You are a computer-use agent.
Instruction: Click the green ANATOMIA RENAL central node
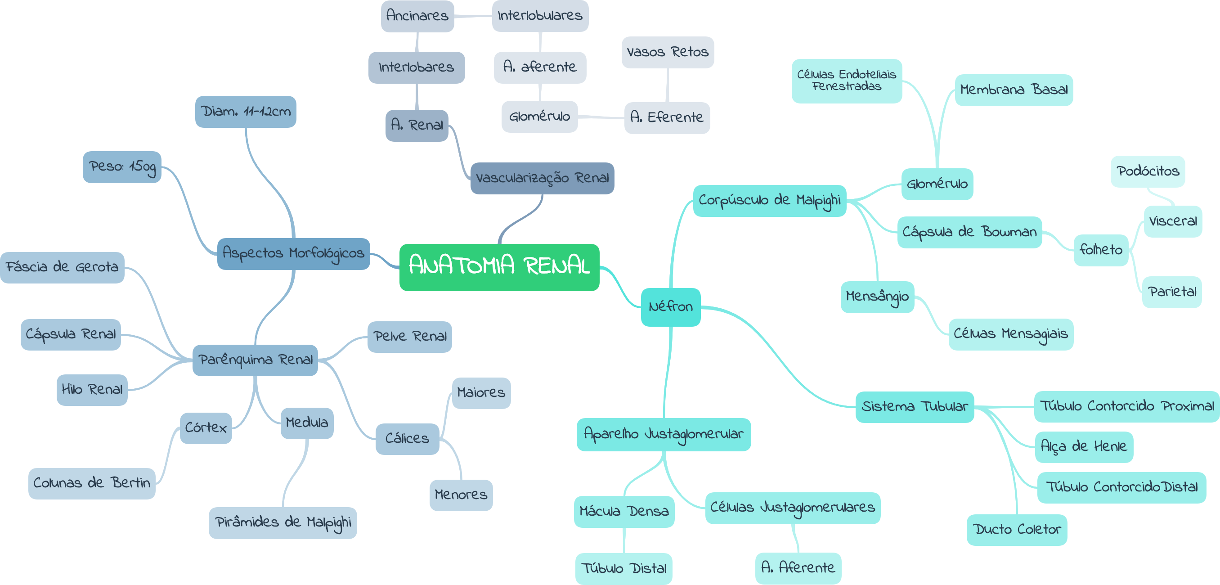(x=499, y=267)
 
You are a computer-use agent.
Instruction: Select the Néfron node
(x=670, y=307)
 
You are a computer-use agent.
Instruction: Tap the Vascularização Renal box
(x=542, y=178)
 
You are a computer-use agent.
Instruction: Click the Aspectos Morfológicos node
(x=293, y=253)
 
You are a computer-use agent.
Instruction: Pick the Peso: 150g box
(x=122, y=167)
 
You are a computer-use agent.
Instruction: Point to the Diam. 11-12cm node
(x=245, y=112)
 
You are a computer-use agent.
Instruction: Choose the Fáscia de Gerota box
(x=62, y=267)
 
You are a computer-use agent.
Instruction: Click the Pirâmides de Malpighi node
(x=283, y=522)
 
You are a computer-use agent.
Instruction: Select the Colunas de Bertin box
(x=91, y=483)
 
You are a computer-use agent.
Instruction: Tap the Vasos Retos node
(x=667, y=52)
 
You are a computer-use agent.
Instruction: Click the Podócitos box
(x=1148, y=171)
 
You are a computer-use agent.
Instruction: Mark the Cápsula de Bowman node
(x=969, y=232)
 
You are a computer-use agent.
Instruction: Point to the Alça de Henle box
(x=1083, y=447)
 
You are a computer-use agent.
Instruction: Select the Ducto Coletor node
(x=1016, y=530)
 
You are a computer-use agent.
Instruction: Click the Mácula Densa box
(x=624, y=512)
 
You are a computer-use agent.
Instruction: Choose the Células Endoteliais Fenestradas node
(x=846, y=81)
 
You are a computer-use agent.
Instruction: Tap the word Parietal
(x=1172, y=292)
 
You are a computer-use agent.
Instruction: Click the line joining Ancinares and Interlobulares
(x=473, y=16)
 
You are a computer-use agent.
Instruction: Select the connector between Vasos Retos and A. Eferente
(x=667, y=85)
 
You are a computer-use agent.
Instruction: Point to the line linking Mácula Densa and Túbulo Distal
(x=624, y=540)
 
